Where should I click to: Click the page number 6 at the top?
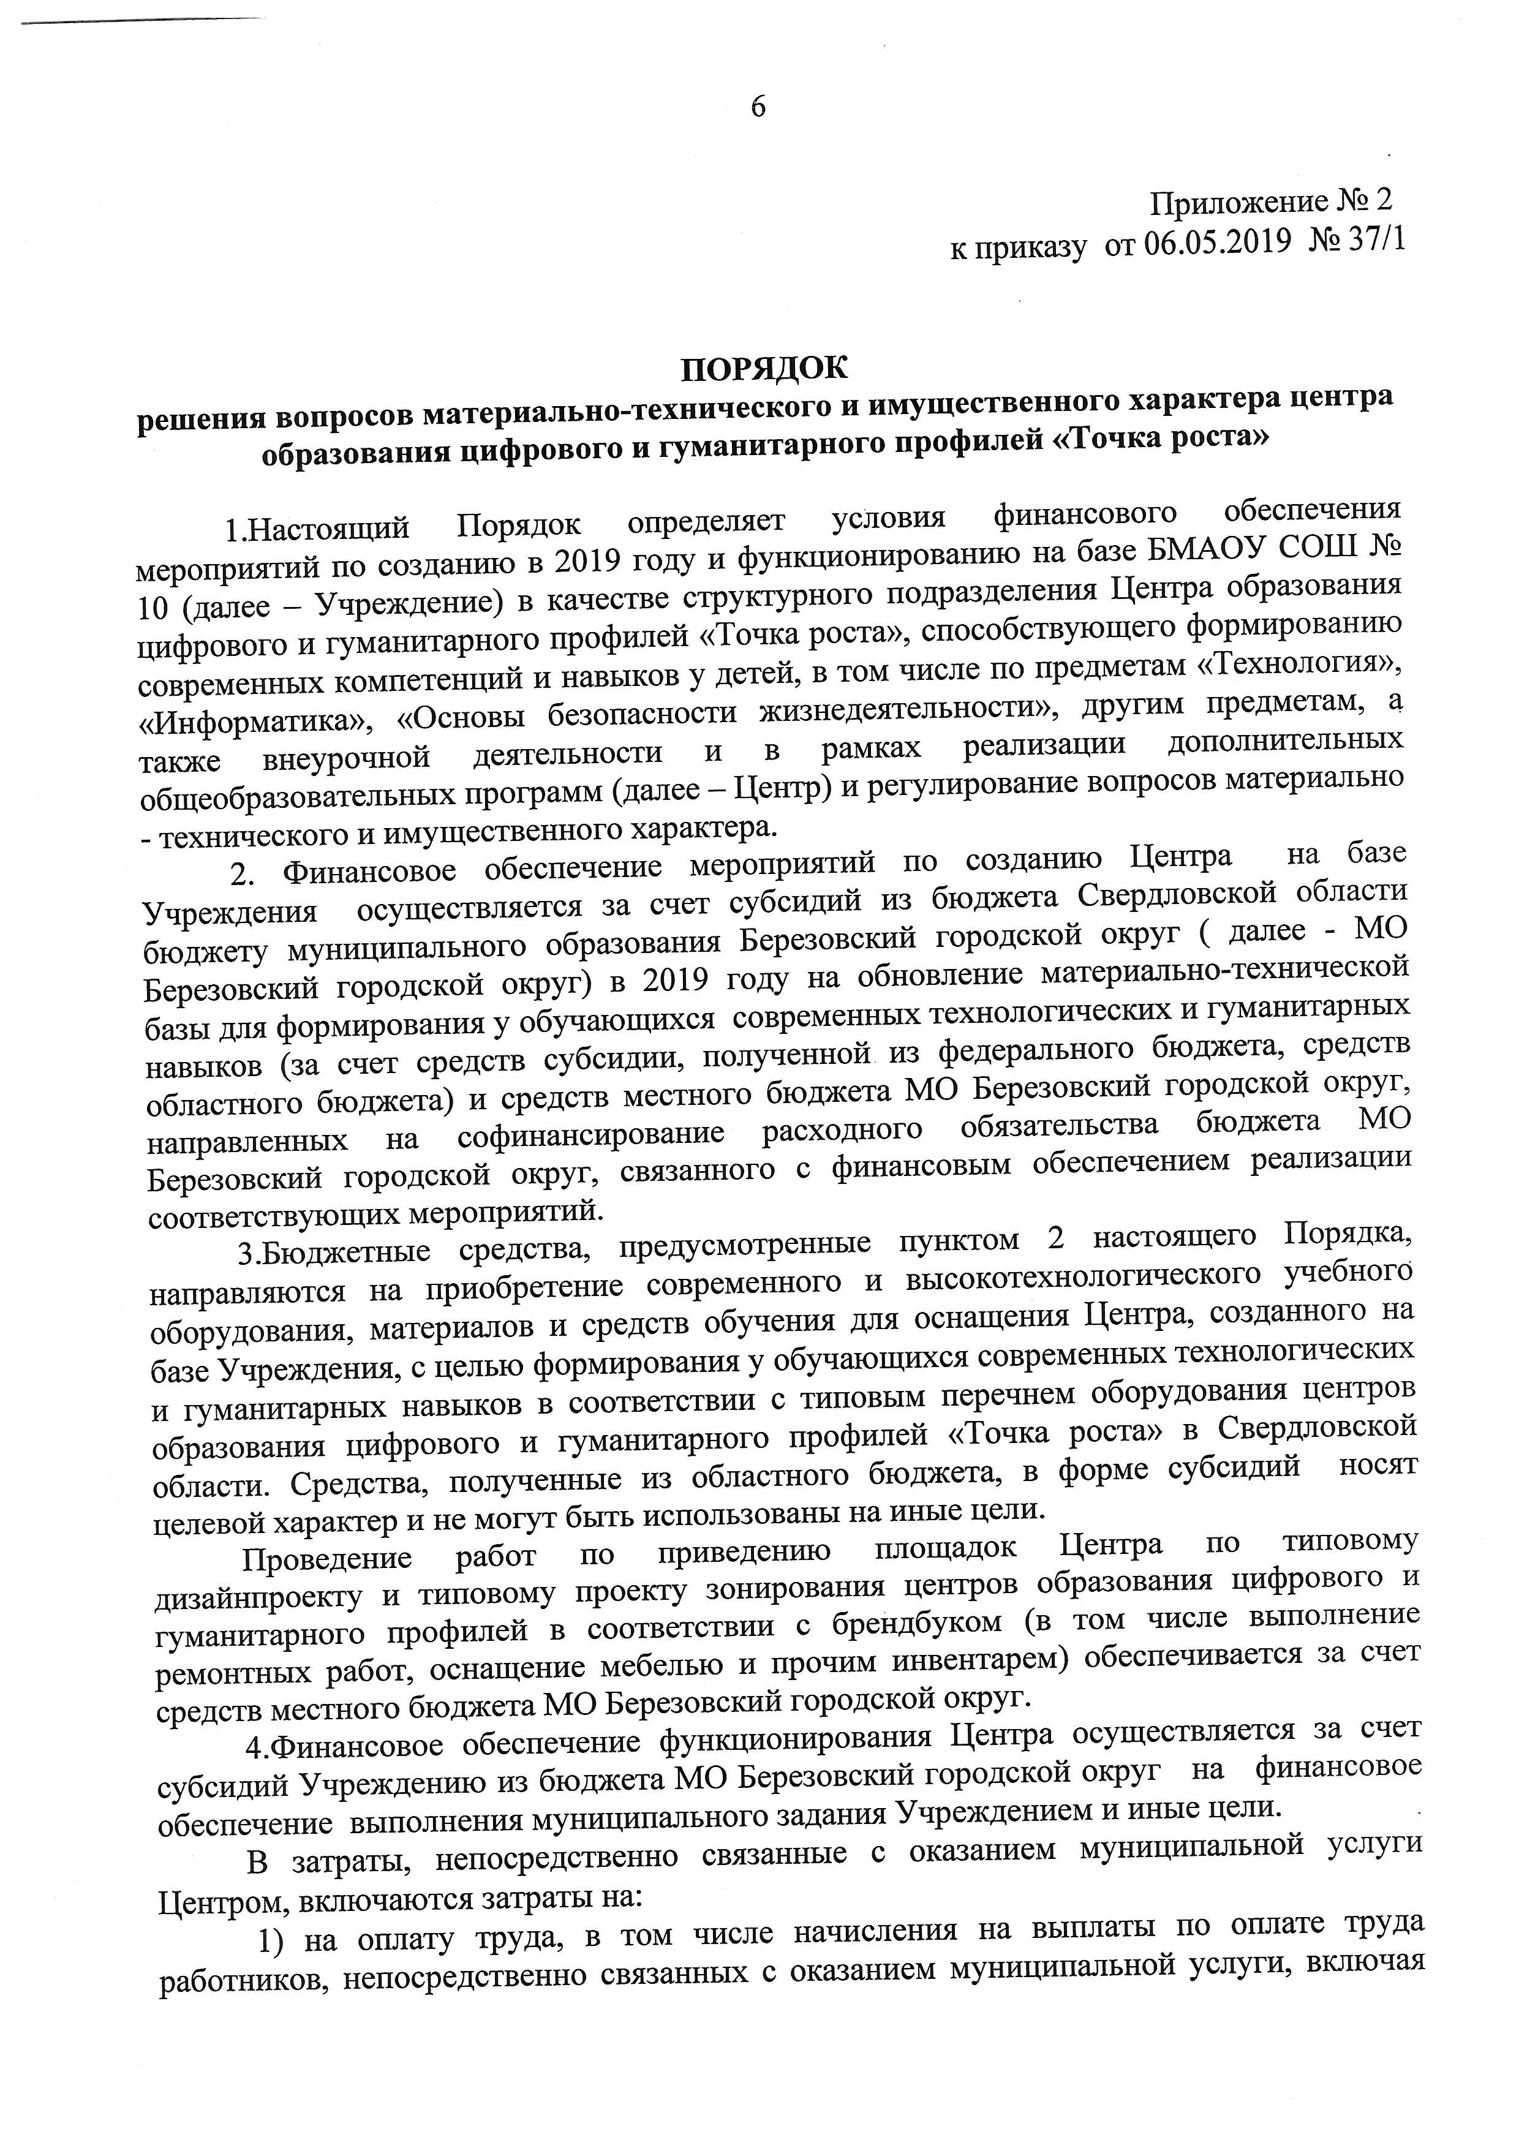(x=758, y=108)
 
